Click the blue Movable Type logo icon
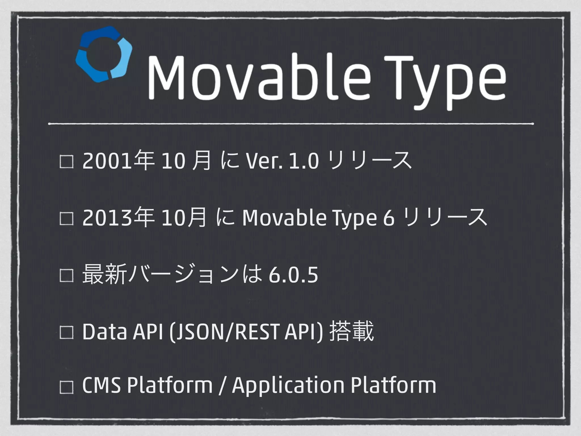coord(104,54)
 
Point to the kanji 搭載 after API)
coord(352,332)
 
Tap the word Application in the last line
coord(288,386)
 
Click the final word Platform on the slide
coord(393,386)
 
